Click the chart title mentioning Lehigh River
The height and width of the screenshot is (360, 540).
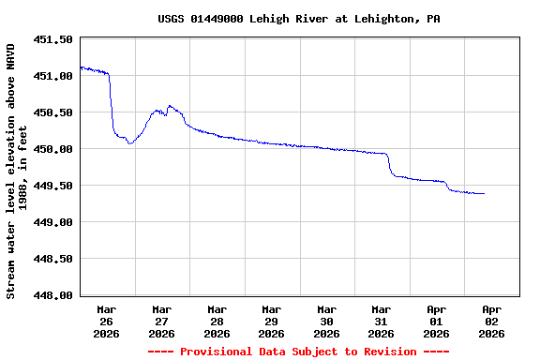coord(299,19)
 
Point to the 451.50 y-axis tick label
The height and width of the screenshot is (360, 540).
coord(53,39)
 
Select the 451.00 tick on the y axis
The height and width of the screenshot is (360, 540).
coord(53,76)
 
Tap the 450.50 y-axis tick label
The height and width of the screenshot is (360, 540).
coord(53,112)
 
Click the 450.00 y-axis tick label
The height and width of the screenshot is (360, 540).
coord(53,149)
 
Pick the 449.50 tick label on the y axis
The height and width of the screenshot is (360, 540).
coord(53,186)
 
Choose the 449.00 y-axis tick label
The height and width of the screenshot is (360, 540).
coord(53,222)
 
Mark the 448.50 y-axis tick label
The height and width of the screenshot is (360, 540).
coord(53,259)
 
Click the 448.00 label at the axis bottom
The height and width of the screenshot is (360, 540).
coord(53,295)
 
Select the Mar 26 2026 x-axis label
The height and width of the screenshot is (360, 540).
coord(107,321)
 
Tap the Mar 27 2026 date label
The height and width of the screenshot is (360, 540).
coord(162,321)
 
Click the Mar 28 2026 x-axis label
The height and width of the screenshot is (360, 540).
coord(217,321)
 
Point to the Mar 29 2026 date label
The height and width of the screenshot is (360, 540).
coord(272,321)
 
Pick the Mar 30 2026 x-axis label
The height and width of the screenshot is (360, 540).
coord(326,321)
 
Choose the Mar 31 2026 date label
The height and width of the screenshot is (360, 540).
coord(382,321)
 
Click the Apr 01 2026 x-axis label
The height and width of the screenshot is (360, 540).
coord(436,321)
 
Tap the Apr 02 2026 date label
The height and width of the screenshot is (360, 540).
coord(491,321)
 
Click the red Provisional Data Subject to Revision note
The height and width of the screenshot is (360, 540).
coord(298,352)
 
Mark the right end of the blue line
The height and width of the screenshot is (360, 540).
coord(484,193)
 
